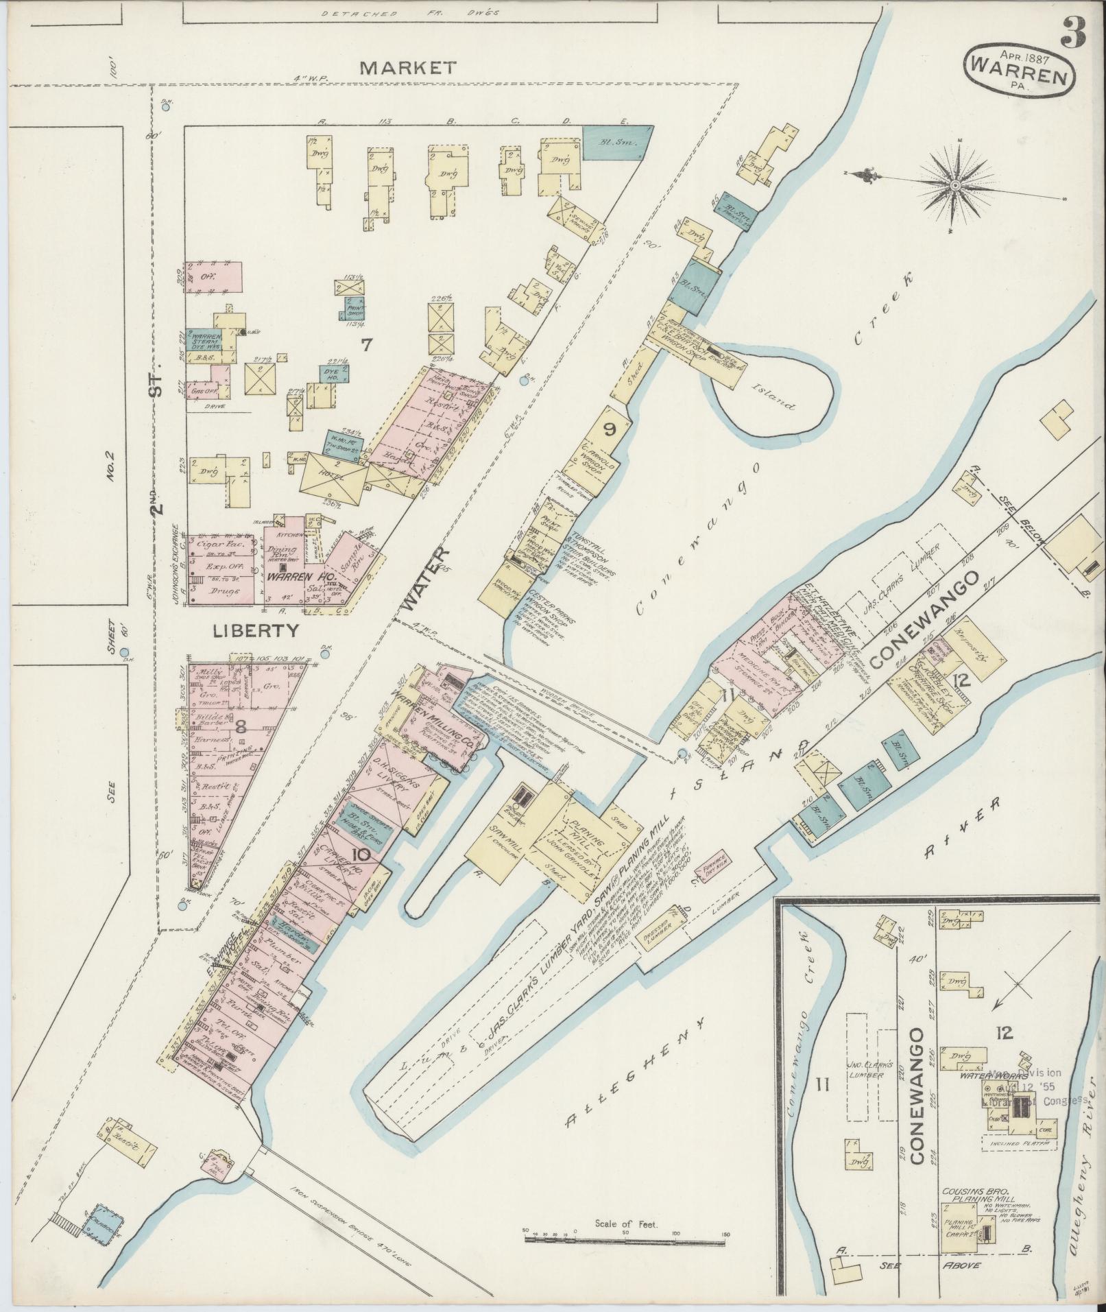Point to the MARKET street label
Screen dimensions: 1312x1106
pyautogui.click(x=408, y=67)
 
